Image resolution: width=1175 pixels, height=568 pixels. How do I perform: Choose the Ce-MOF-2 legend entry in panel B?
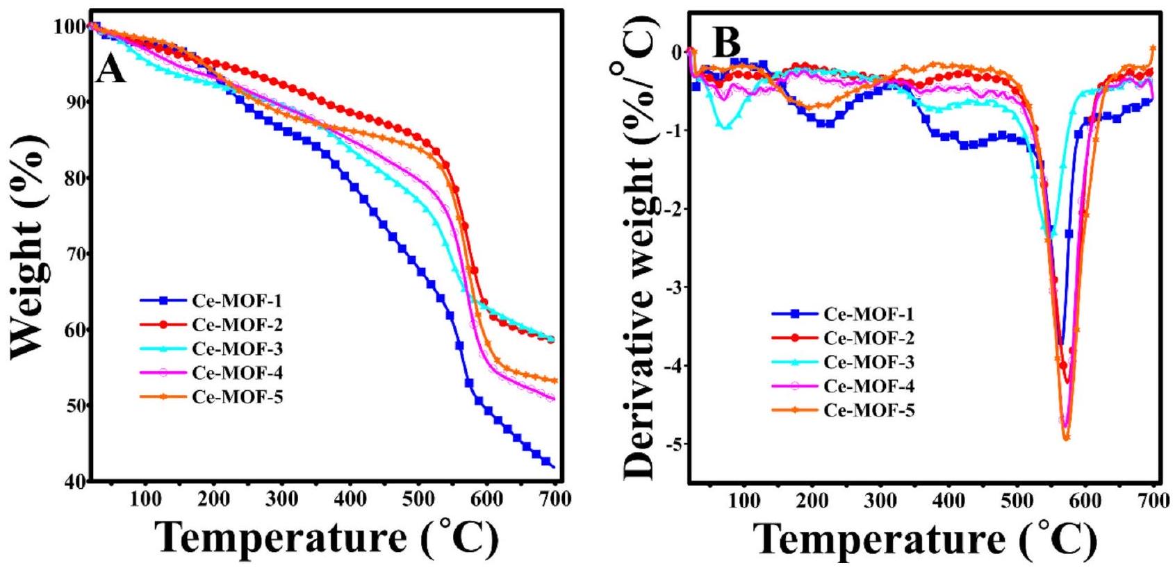869,338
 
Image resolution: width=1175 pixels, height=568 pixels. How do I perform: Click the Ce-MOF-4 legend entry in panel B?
869,386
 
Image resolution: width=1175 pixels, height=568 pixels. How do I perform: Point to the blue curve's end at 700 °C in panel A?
553,466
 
